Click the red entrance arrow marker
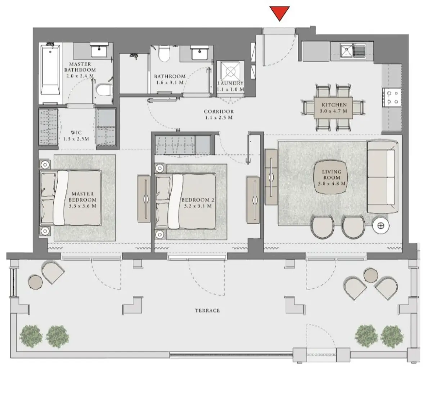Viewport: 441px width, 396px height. coord(279,14)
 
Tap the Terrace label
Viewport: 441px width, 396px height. coord(207,310)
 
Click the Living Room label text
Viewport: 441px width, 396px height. coord(332,175)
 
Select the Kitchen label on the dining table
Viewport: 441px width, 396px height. coord(334,105)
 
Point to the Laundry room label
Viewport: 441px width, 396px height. coord(230,83)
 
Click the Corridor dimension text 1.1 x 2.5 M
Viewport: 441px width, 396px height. coord(219,118)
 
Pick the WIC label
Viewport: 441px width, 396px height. coord(76,132)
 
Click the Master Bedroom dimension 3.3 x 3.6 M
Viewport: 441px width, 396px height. coord(82,206)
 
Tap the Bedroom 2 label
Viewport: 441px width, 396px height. coord(195,200)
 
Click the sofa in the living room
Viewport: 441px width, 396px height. coord(382,177)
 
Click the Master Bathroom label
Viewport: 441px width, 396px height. coord(80,67)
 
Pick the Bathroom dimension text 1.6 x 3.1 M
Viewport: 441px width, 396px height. coord(170,82)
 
